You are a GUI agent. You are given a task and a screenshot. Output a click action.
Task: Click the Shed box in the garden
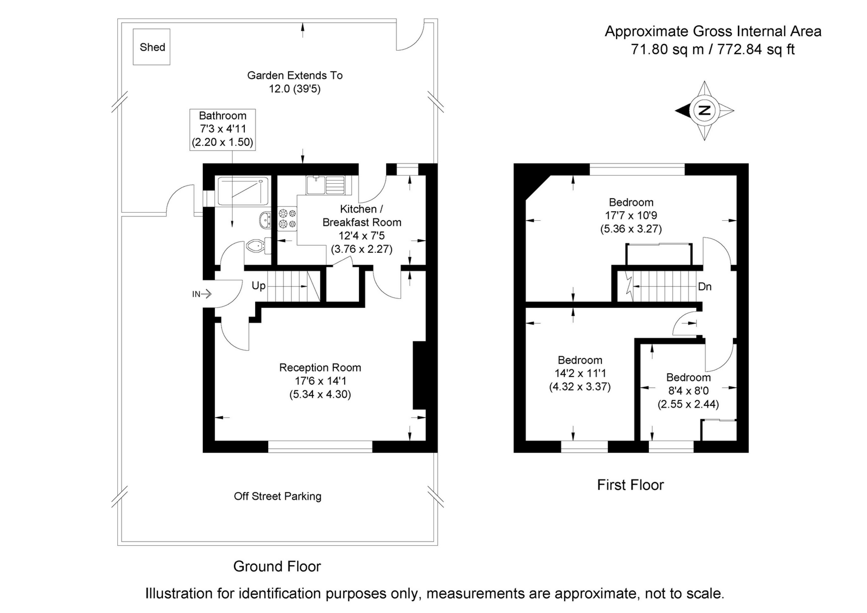pos(152,47)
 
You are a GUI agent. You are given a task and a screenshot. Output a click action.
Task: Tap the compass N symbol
pos(704,111)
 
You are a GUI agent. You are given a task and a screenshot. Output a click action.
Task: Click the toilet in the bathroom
pos(256,246)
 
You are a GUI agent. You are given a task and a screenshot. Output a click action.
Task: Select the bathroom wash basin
pos(265,220)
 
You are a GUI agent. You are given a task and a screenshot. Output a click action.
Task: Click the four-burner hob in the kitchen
pos(287,218)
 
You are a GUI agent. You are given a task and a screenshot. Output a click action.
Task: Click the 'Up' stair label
pos(258,286)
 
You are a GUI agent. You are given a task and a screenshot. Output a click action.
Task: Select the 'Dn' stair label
pos(704,287)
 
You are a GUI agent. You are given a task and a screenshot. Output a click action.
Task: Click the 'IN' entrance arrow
pos(202,294)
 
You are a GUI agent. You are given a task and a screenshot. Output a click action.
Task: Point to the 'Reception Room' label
pos(320,368)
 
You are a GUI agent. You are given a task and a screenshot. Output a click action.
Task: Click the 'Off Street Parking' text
pos(277,497)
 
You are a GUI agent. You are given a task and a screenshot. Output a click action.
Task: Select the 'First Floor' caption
pos(630,485)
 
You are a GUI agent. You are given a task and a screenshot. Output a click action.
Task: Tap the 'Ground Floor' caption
pos(277,567)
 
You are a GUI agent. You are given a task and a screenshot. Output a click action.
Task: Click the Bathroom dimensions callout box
pos(222,129)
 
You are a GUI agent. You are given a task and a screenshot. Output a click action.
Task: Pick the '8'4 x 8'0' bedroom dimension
pos(688,391)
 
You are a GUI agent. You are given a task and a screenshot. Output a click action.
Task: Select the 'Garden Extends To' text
pos(294,75)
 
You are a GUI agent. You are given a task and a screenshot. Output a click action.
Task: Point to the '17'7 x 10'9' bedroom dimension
pos(631,216)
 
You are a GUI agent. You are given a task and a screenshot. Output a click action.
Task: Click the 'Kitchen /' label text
pos(361,209)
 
